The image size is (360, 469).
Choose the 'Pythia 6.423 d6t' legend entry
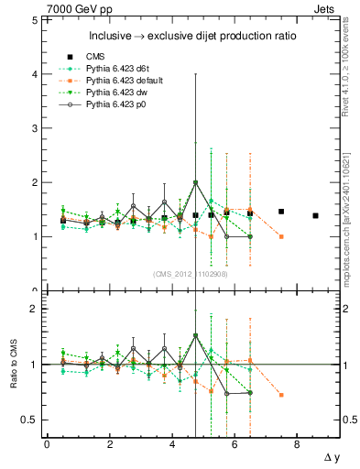111,69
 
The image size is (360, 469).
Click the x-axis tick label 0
47,444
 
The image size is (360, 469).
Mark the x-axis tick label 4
172,444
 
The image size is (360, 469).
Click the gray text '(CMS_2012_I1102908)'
191,273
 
